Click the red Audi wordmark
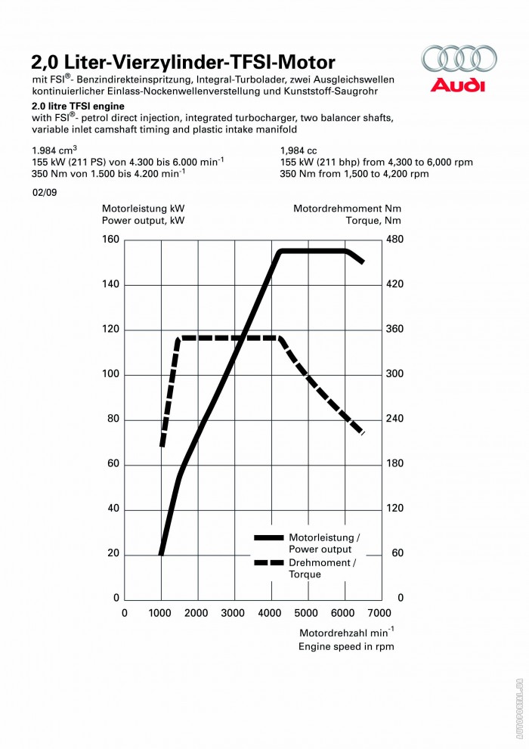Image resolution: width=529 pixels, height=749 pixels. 458,85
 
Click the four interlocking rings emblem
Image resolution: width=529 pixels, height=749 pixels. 459,59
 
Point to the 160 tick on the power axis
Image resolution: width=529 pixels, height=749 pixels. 111,240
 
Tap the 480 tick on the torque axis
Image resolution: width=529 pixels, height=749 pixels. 395,240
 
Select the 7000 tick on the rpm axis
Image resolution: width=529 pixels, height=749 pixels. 380,613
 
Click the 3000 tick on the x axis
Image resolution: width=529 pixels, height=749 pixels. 234,613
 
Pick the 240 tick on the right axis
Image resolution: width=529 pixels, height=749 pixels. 395,419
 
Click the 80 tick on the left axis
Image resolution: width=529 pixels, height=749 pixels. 113,419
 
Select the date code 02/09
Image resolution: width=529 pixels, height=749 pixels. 43,193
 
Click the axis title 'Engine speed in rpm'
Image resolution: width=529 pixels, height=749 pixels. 346,646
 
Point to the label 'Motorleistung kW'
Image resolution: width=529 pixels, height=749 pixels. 143,207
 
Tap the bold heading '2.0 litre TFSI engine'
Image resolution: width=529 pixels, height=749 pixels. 78,107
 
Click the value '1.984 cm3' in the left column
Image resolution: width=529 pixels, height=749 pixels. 54,150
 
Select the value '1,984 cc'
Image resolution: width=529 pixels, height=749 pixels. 298,150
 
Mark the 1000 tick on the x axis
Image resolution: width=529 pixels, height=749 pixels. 161,613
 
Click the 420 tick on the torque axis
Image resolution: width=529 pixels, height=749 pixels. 395,284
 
